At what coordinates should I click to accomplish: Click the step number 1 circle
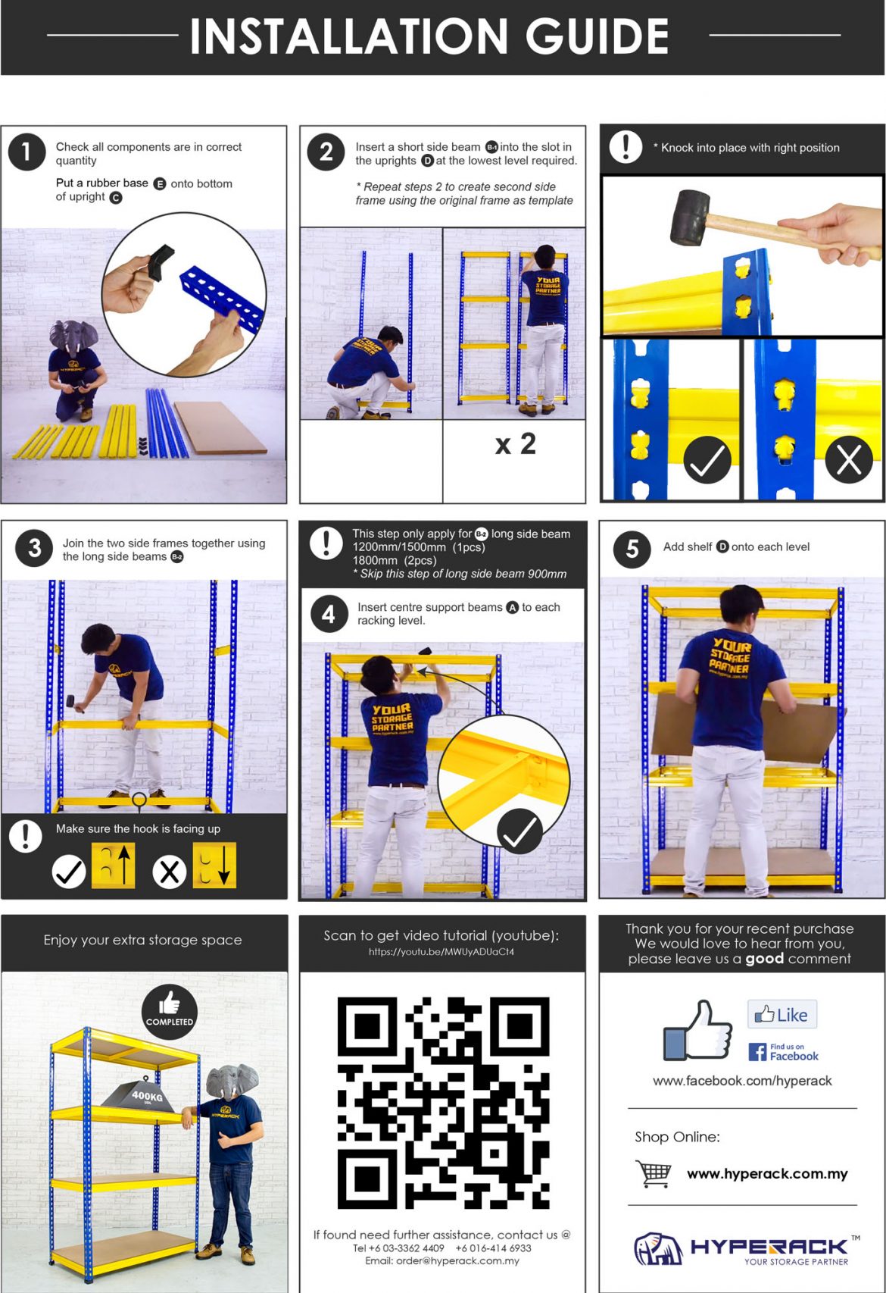[x=27, y=152]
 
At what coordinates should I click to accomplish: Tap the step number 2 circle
[x=326, y=152]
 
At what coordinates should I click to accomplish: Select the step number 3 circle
[x=35, y=548]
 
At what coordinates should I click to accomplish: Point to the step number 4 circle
[x=329, y=614]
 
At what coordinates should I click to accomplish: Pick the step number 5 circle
[x=632, y=549]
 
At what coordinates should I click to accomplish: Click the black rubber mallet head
[x=691, y=218]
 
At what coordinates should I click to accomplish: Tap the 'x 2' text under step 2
[x=516, y=444]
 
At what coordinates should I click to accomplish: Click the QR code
[x=443, y=1103]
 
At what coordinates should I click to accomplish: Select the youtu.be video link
[x=441, y=952]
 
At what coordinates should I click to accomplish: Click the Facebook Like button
[x=782, y=1014]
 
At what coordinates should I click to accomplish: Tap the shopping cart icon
[x=653, y=1173]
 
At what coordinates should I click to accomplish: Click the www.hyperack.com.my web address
[x=767, y=1174]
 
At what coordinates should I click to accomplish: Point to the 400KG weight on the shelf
[x=138, y=1094]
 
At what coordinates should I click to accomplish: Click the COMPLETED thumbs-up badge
[x=170, y=1012]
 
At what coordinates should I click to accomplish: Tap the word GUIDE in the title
[x=597, y=36]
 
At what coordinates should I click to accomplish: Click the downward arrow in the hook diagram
[x=224, y=864]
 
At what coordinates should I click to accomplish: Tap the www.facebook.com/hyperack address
[x=742, y=1081]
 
